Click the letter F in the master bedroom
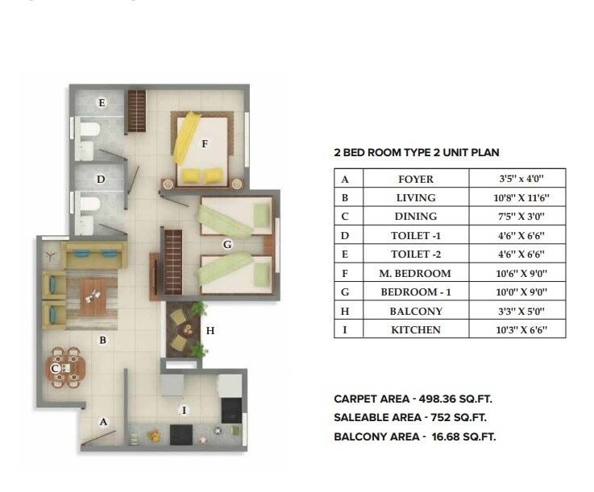[206, 144]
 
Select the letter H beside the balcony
[210, 330]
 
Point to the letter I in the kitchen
[185, 410]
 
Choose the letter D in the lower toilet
[101, 179]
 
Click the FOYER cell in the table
[416, 180]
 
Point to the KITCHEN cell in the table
[416, 329]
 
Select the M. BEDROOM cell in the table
[416, 273]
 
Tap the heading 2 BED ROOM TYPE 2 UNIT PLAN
[422, 152]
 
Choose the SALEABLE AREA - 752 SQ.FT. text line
[410, 417]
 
